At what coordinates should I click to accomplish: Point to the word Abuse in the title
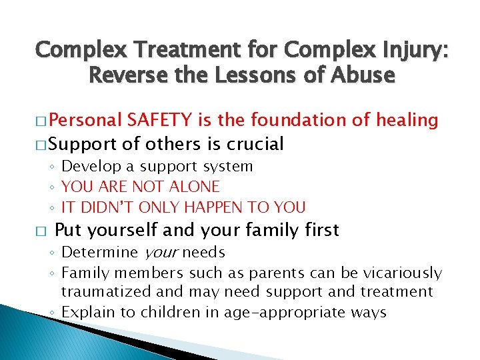tap(363, 75)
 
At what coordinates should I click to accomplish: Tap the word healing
tap(406, 120)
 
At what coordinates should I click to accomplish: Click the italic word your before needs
tap(160, 253)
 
